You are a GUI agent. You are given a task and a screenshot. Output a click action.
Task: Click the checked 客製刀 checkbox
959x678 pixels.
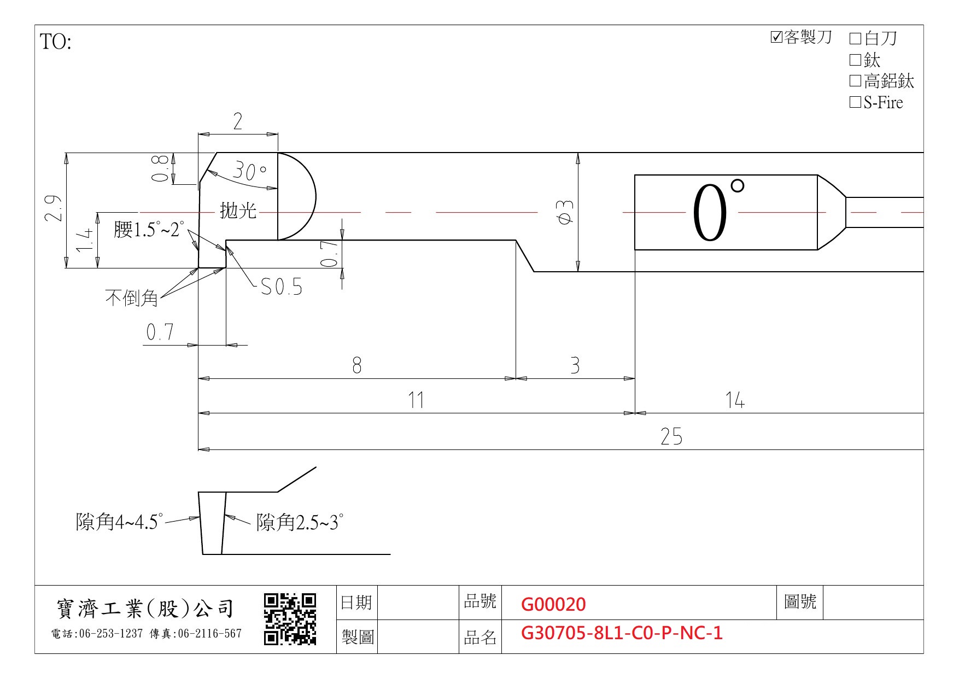pos(776,37)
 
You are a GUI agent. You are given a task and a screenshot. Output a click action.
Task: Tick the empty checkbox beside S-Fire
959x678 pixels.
pos(855,102)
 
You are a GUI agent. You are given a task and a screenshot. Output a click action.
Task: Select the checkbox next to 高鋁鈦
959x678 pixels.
pos(855,81)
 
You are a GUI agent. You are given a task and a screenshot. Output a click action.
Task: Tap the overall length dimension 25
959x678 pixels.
pos(671,436)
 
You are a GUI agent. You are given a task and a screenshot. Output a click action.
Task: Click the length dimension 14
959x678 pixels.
pos(735,400)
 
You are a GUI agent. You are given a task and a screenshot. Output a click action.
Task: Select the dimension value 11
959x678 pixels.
pos(416,400)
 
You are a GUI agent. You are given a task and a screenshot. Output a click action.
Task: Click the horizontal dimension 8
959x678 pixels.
pos(357,365)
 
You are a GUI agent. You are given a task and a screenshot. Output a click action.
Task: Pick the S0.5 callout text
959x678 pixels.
pos(281,287)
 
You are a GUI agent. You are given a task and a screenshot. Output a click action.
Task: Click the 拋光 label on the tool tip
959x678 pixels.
pos(238,211)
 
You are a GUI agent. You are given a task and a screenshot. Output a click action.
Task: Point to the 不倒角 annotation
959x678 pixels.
pos(132,298)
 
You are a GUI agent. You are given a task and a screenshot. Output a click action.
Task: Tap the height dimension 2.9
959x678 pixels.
pos(53,208)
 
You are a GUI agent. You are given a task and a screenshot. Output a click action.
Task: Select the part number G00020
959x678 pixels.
pos(553,604)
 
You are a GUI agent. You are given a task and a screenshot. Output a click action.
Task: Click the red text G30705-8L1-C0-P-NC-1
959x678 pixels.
pos(622,633)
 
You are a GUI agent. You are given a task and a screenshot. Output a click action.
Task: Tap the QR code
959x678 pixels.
pos(290,619)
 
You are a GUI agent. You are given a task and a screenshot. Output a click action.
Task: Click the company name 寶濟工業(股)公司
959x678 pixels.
pos(145,609)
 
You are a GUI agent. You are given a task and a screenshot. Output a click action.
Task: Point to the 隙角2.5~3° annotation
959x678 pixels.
pos(300,523)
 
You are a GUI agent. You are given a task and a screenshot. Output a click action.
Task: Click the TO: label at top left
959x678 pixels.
pos(56,42)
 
